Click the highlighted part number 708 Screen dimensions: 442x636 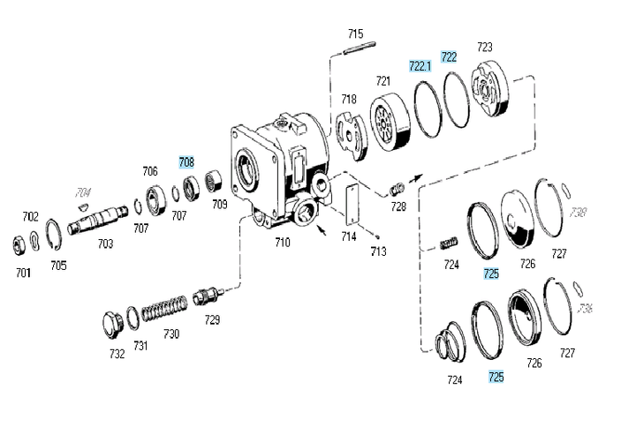186,161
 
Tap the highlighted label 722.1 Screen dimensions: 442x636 420,65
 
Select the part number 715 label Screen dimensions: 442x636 355,34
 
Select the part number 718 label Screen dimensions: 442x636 349,100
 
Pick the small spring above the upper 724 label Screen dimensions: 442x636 450,242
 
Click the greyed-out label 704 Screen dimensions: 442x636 83,191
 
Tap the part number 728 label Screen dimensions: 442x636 399,206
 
